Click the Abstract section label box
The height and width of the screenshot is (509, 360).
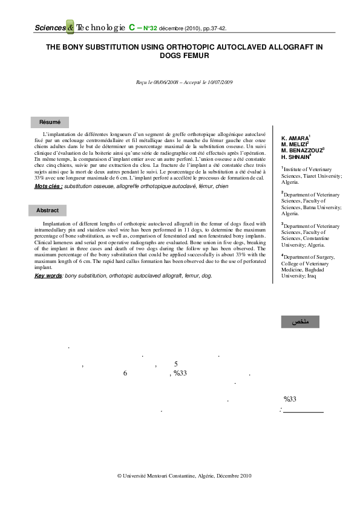(x=47, y=211)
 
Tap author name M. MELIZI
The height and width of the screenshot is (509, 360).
(x=294, y=145)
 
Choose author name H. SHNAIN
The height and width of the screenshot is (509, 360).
(x=293, y=157)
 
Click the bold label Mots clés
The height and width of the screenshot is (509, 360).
(x=48, y=187)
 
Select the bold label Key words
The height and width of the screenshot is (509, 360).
(x=48, y=276)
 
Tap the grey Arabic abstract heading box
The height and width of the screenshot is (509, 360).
(x=301, y=322)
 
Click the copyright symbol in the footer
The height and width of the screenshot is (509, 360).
(x=119, y=476)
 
